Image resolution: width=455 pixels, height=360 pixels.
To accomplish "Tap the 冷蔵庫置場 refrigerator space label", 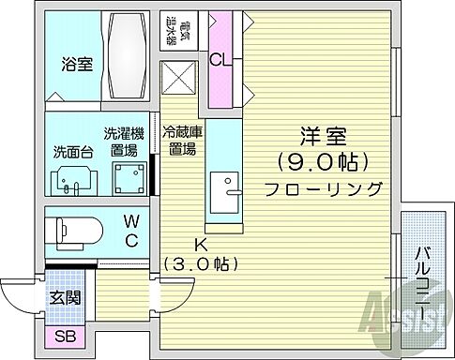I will pos(179,141).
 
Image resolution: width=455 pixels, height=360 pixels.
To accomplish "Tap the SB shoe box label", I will pos(65,337).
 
